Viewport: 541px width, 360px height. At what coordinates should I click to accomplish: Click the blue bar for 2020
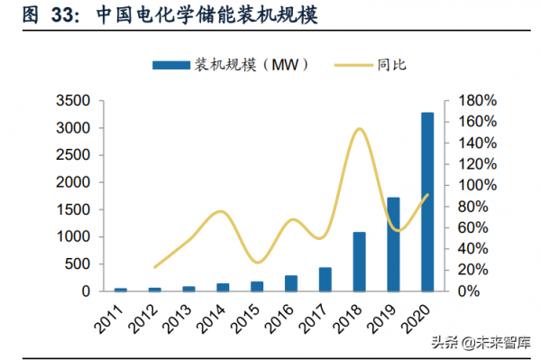click(x=426, y=202)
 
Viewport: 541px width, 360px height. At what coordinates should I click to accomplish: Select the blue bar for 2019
click(x=393, y=245)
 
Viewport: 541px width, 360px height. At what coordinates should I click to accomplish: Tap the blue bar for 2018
click(x=359, y=262)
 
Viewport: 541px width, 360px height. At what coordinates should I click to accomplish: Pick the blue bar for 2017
click(x=325, y=280)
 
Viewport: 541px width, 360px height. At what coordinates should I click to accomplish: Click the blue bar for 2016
click(x=290, y=283)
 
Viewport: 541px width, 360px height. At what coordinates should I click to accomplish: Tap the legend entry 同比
click(x=378, y=65)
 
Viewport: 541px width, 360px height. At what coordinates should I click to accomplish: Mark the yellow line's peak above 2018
click(x=359, y=128)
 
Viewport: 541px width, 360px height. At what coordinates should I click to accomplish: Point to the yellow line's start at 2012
click(x=154, y=267)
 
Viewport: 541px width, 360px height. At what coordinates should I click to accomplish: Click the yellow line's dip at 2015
click(x=257, y=263)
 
